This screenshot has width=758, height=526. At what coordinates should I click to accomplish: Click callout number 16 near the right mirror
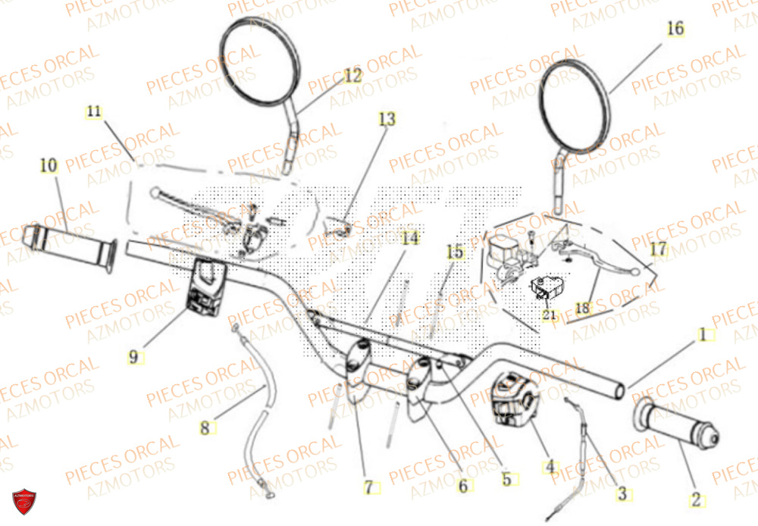[x=675, y=29]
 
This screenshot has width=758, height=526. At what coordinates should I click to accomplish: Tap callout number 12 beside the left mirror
[x=353, y=76]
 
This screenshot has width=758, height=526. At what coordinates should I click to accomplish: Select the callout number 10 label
[x=49, y=164]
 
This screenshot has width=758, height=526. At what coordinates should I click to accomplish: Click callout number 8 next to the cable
[x=204, y=428]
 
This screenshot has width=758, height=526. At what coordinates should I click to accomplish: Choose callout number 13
[x=387, y=119]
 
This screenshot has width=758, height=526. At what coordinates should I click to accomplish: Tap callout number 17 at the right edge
[x=658, y=249]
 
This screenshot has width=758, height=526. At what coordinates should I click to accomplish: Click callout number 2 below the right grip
[x=695, y=499]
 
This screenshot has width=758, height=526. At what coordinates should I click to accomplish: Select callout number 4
[x=550, y=468]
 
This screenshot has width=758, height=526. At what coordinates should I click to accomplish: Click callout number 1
[x=703, y=334]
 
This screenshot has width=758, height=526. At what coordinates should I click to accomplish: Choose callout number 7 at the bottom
[x=369, y=488]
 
